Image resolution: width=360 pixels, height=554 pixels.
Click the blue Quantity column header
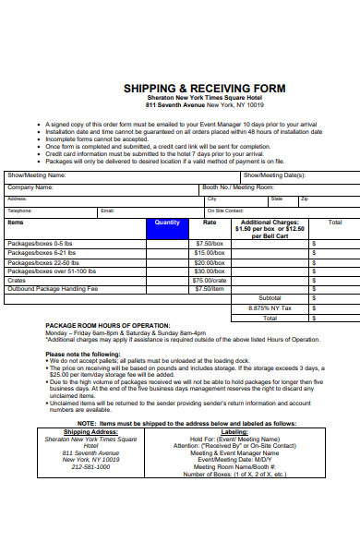point(167,223)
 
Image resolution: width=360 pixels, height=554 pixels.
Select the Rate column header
point(210,223)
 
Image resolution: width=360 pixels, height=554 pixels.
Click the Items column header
point(16,223)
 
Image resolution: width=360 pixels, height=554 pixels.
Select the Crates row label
point(18,280)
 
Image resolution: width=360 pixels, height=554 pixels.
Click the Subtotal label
point(270,298)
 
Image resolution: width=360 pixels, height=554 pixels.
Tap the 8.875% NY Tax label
point(270,307)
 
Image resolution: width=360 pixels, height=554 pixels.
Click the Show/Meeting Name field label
point(37,175)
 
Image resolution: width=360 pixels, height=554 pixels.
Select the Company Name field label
point(30,187)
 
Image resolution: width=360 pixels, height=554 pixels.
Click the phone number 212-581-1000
point(90,467)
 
